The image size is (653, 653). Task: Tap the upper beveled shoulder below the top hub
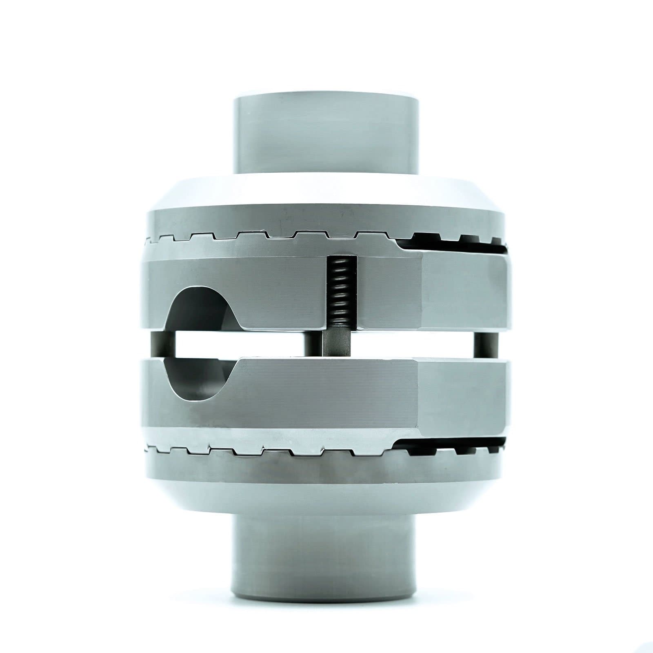pos(326,194)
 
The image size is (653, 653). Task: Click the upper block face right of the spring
pos(388,292)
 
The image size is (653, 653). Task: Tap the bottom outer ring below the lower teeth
pos(326,469)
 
